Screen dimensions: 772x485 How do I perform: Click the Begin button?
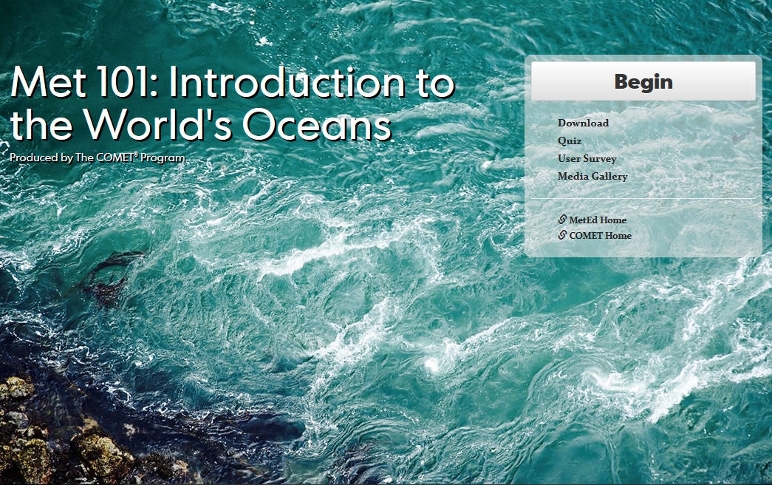pyautogui.click(x=643, y=81)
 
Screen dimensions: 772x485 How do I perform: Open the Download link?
pyautogui.click(x=583, y=123)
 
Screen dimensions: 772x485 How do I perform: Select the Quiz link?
pyautogui.click(x=570, y=141)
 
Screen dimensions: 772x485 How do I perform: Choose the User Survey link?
pyautogui.click(x=587, y=159)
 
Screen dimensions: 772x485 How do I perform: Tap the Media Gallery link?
pyautogui.click(x=592, y=177)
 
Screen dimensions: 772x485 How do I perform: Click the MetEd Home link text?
pyautogui.click(x=598, y=220)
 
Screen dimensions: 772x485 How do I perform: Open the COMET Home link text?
pyautogui.click(x=600, y=236)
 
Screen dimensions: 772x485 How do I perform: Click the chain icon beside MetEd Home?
pyautogui.click(x=562, y=220)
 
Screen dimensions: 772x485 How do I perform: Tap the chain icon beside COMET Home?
pyautogui.click(x=562, y=235)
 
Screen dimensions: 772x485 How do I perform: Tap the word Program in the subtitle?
pyautogui.click(x=163, y=158)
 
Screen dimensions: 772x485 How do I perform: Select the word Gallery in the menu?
pyautogui.click(x=609, y=177)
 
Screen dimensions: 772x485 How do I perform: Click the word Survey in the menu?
pyautogui.click(x=600, y=159)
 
